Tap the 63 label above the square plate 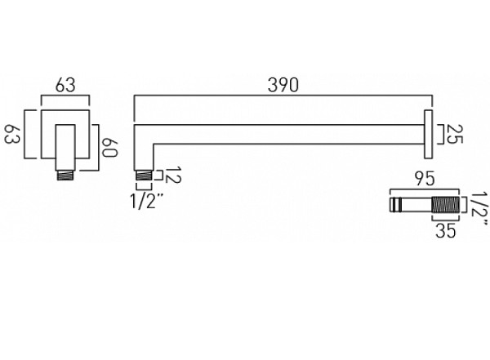pos(66,84)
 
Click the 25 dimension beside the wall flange pos(456,133)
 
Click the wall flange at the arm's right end pos(426,133)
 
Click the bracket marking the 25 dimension pos(440,133)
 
